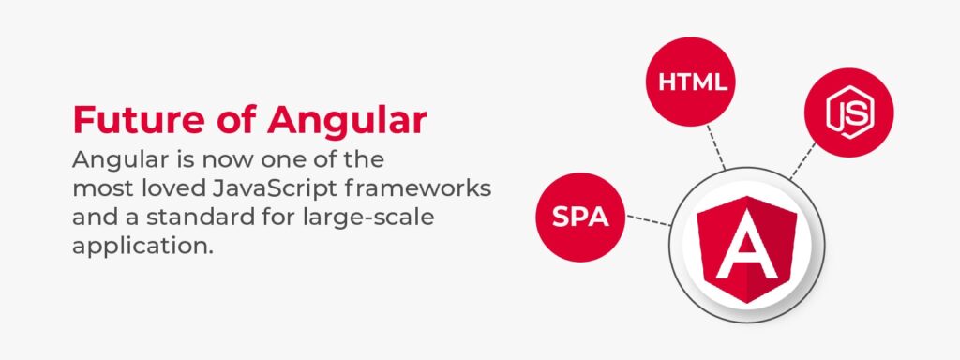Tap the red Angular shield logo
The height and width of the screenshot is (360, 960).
coord(746,246)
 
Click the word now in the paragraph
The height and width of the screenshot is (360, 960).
coord(193,157)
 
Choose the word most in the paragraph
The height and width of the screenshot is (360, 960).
coord(100,187)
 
